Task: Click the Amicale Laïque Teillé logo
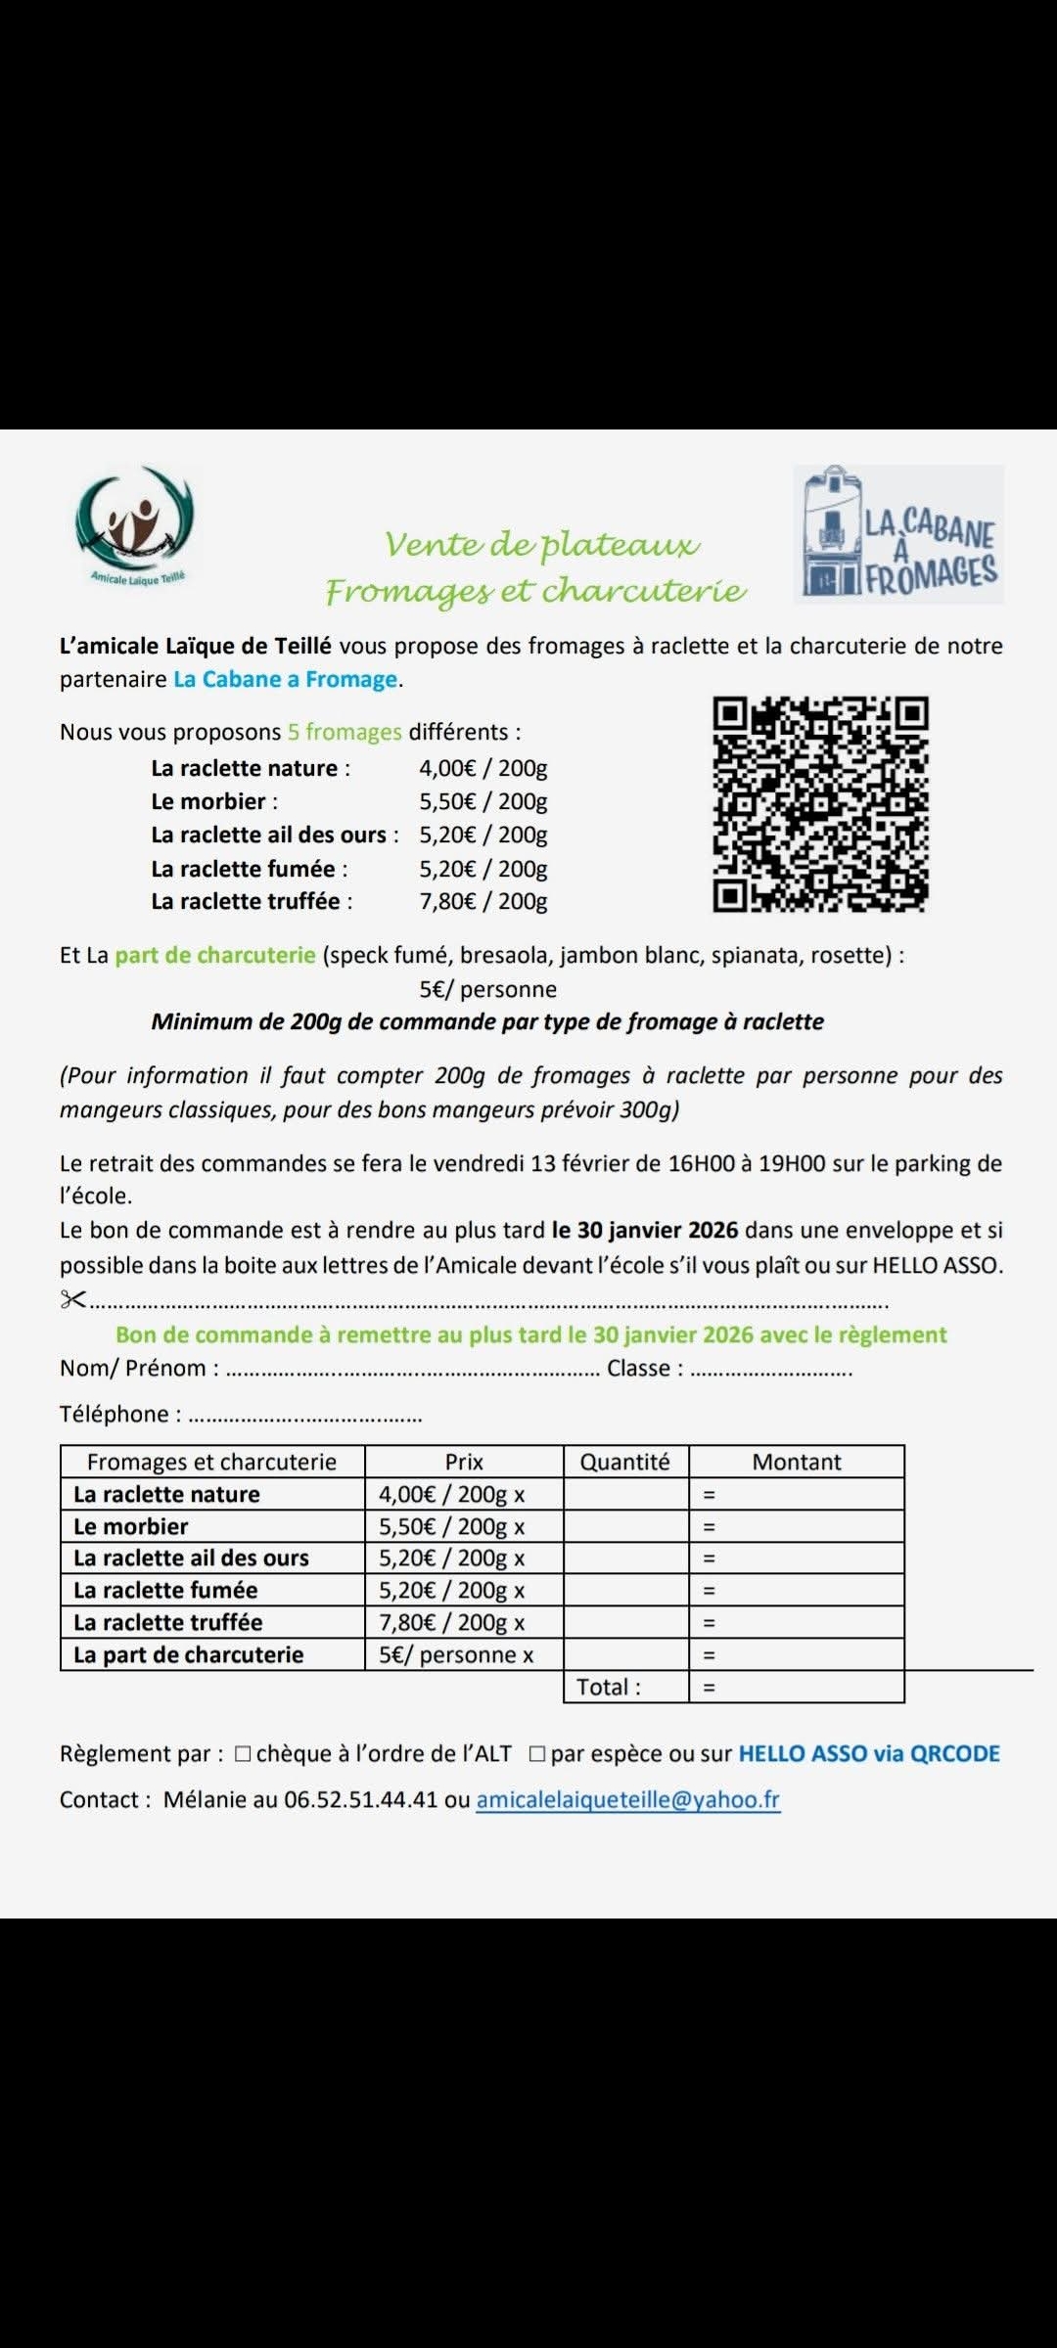[x=135, y=524]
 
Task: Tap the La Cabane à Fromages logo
[x=898, y=534]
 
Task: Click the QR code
[x=820, y=804]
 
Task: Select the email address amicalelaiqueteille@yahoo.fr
[x=627, y=1800]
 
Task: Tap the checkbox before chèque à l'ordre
[x=244, y=1754]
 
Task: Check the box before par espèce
[x=537, y=1754]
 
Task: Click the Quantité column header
[x=625, y=1462]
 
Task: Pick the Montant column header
[x=797, y=1462]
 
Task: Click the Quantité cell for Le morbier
[x=625, y=1526]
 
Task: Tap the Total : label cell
[x=609, y=1687]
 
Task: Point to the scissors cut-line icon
[x=72, y=1299]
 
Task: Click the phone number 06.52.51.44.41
[x=360, y=1800]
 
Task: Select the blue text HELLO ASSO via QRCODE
[x=869, y=1753]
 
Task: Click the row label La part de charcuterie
[x=189, y=1654]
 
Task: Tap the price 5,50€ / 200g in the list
[x=483, y=801]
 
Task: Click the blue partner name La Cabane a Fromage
[x=285, y=679]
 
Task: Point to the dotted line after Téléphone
[x=305, y=1416]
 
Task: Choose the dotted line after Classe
[x=771, y=1370]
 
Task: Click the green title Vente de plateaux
[x=541, y=544]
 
